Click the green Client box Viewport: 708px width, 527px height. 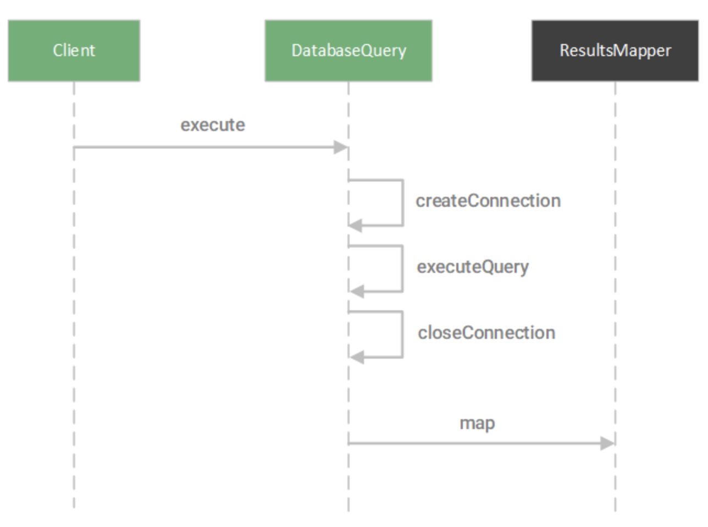pos(74,51)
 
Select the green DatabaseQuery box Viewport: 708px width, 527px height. pos(349,51)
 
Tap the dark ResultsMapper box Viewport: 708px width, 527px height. pos(615,51)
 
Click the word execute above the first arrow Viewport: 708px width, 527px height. pos(213,125)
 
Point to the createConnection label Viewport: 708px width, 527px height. pos(488,201)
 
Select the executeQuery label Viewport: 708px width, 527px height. pos(473,267)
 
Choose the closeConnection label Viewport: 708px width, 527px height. pos(486,333)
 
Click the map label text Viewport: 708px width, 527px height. pos(477,423)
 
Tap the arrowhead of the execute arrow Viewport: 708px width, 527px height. pos(341,147)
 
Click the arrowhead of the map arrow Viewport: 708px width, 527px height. pos(607,443)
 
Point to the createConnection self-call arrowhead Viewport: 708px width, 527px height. pos(356,226)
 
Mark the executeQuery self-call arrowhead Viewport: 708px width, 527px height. pos(357,292)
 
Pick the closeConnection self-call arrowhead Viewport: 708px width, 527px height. pos(357,358)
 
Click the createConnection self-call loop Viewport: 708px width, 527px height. pos(403,202)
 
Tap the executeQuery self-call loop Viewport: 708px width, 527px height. pos(402,268)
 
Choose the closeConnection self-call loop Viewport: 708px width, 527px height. pos(402,334)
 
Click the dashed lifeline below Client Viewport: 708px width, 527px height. pos(74,330)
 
